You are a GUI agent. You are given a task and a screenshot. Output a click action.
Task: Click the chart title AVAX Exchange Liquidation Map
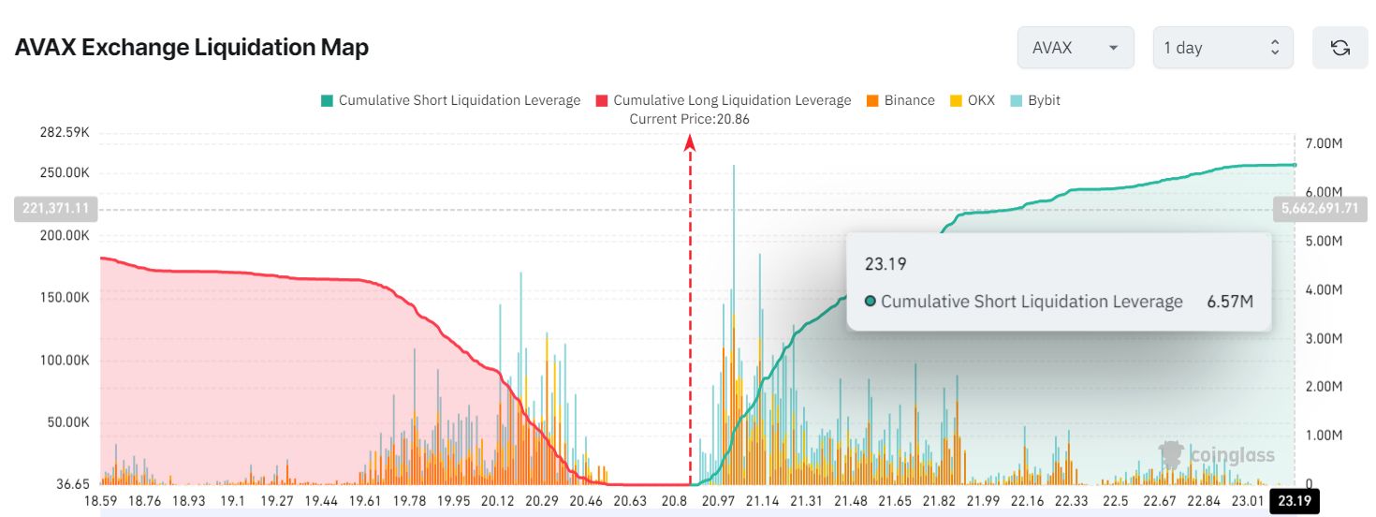point(191,48)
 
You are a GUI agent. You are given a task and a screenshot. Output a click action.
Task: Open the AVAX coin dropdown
point(1075,48)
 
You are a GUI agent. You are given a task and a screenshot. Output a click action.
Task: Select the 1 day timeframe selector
point(1222,48)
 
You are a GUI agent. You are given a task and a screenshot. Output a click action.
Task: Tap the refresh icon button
point(1339,48)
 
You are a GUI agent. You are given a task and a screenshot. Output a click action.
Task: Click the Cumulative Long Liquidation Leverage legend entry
point(723,100)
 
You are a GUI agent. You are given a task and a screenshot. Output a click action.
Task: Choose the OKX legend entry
point(973,100)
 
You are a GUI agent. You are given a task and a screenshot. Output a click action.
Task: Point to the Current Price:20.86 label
point(689,119)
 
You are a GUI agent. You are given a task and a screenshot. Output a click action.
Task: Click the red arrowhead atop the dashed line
point(690,142)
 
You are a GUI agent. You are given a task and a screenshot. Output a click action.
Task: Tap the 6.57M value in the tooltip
point(1229,302)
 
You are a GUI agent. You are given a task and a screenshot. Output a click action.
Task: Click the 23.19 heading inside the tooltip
point(886,264)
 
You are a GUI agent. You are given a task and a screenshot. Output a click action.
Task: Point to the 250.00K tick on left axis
point(64,173)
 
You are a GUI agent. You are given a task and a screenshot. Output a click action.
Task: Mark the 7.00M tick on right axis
point(1324,143)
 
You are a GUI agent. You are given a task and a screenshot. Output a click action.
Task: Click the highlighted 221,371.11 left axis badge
point(56,209)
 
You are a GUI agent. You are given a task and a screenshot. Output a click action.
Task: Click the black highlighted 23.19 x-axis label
point(1294,501)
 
